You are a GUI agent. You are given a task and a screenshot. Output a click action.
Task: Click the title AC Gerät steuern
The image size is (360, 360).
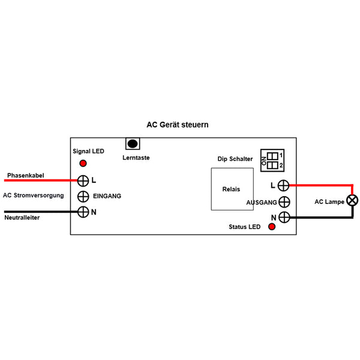pos(178,125)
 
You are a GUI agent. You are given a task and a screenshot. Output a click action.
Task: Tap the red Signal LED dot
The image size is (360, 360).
pos(83,163)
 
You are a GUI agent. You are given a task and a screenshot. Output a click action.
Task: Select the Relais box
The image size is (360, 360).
pos(232,189)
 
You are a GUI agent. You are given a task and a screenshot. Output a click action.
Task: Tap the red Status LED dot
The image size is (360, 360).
pos(272,227)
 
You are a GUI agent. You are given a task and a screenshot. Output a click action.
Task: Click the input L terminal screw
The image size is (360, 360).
pos(83,180)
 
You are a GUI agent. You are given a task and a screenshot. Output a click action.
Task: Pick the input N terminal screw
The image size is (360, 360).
pos(83,212)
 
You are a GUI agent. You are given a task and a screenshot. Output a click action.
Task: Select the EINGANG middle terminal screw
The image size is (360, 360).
pos(83,196)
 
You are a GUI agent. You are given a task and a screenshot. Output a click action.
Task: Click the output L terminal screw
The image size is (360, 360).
pos(284,185)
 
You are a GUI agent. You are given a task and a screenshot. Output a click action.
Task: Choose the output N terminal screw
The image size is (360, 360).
pos(284,217)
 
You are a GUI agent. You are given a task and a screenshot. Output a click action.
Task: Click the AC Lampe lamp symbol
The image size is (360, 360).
pos(353,200)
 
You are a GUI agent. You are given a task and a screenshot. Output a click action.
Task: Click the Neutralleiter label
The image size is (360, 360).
pos(22,218)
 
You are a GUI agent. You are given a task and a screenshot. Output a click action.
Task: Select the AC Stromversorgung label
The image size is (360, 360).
pos(33,196)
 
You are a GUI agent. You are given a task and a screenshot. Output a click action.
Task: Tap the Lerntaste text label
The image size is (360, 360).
pos(136,158)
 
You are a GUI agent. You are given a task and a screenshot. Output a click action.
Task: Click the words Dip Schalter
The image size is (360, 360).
pos(235,159)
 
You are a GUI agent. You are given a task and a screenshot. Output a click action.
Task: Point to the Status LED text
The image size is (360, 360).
pos(244,227)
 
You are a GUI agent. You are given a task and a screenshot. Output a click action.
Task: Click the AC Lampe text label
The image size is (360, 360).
pos(329,202)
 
